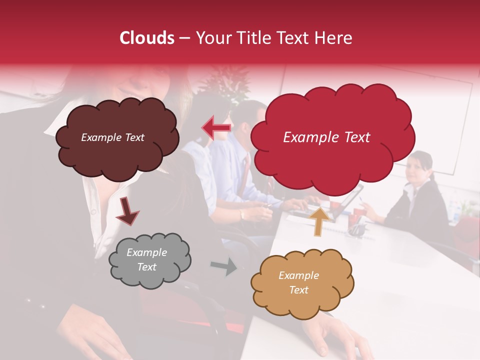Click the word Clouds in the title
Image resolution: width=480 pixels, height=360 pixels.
[x=147, y=38]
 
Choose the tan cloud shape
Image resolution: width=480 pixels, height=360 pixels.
[x=302, y=300]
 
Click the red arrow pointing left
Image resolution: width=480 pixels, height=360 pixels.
[x=216, y=128]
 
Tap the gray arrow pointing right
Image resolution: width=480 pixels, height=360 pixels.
[x=223, y=266]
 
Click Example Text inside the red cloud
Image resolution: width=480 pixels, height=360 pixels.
[x=326, y=137]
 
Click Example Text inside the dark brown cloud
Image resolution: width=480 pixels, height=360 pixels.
[x=112, y=137]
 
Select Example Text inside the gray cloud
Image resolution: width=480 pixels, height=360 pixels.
[x=146, y=259]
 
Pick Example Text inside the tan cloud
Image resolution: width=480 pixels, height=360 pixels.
[x=298, y=282]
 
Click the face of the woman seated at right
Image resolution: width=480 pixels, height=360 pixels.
[x=417, y=168]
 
